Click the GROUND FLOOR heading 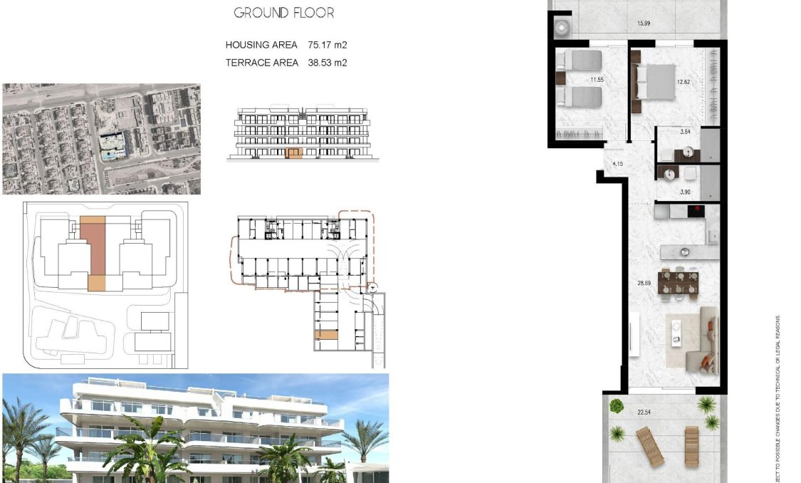coord(283,13)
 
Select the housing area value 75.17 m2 coord(328,45)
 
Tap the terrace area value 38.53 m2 coord(328,63)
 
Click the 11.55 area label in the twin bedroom coord(596,80)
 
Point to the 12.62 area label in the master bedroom coord(683,82)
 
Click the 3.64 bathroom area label coord(685,132)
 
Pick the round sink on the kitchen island coord(684,251)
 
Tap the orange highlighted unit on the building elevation coord(293,153)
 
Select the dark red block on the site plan coord(92,246)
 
